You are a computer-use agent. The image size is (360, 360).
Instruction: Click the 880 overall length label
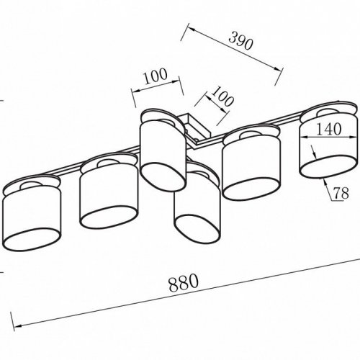click(x=184, y=282)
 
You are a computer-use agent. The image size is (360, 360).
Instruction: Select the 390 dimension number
click(x=240, y=40)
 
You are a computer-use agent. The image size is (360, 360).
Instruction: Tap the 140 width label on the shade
click(x=329, y=129)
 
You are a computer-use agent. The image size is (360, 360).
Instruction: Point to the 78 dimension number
click(x=341, y=193)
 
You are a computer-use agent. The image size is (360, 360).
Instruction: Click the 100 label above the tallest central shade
click(x=156, y=76)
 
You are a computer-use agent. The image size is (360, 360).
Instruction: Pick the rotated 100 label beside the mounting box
click(x=222, y=96)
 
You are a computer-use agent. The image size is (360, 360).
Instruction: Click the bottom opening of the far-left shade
click(x=32, y=240)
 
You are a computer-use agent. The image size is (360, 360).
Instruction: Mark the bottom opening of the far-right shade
click(x=328, y=167)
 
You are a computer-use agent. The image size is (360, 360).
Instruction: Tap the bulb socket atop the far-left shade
click(x=30, y=185)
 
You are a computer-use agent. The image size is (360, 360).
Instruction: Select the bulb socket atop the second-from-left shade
click(x=109, y=163)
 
